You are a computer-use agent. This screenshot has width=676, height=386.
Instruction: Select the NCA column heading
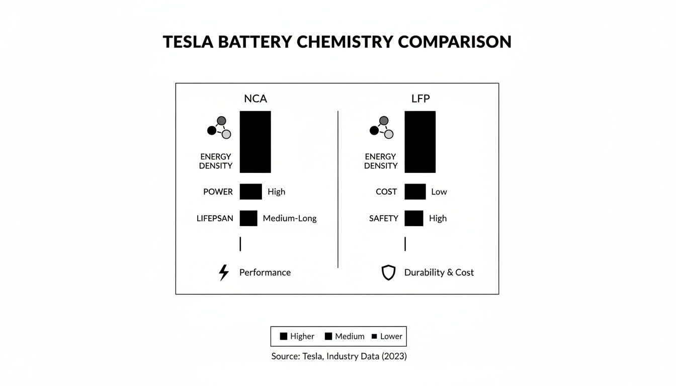pos(256,99)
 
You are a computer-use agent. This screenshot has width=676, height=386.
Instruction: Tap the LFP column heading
pos(420,99)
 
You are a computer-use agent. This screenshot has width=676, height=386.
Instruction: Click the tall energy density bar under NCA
pos(255,142)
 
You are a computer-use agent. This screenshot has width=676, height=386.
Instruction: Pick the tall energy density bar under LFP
pos(420,142)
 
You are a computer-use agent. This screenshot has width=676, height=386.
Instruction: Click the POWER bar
pos(250,191)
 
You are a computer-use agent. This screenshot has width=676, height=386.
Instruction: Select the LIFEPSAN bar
pos(248,218)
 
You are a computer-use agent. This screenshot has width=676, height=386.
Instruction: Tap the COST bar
pos(415,191)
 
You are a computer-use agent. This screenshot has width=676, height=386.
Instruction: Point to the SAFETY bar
pos(413,218)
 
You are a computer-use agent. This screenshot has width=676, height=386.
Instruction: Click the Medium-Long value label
pos(290,218)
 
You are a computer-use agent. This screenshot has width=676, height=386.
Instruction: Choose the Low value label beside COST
pos(439,191)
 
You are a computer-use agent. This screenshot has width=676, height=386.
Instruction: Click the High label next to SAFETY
pos(438,218)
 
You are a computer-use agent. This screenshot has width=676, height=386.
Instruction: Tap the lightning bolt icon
pos(224,272)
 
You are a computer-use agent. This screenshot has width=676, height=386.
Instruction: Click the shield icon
pos(388,272)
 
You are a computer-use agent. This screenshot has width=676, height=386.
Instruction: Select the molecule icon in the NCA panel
pos(219,128)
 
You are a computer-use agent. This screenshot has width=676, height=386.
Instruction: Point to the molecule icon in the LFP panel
pos(382,128)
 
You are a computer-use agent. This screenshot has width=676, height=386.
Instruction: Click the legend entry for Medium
pos(345,336)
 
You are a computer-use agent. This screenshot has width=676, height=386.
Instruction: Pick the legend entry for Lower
pos(387,336)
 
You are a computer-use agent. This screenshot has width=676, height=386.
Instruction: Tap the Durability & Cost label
pos(439,272)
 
